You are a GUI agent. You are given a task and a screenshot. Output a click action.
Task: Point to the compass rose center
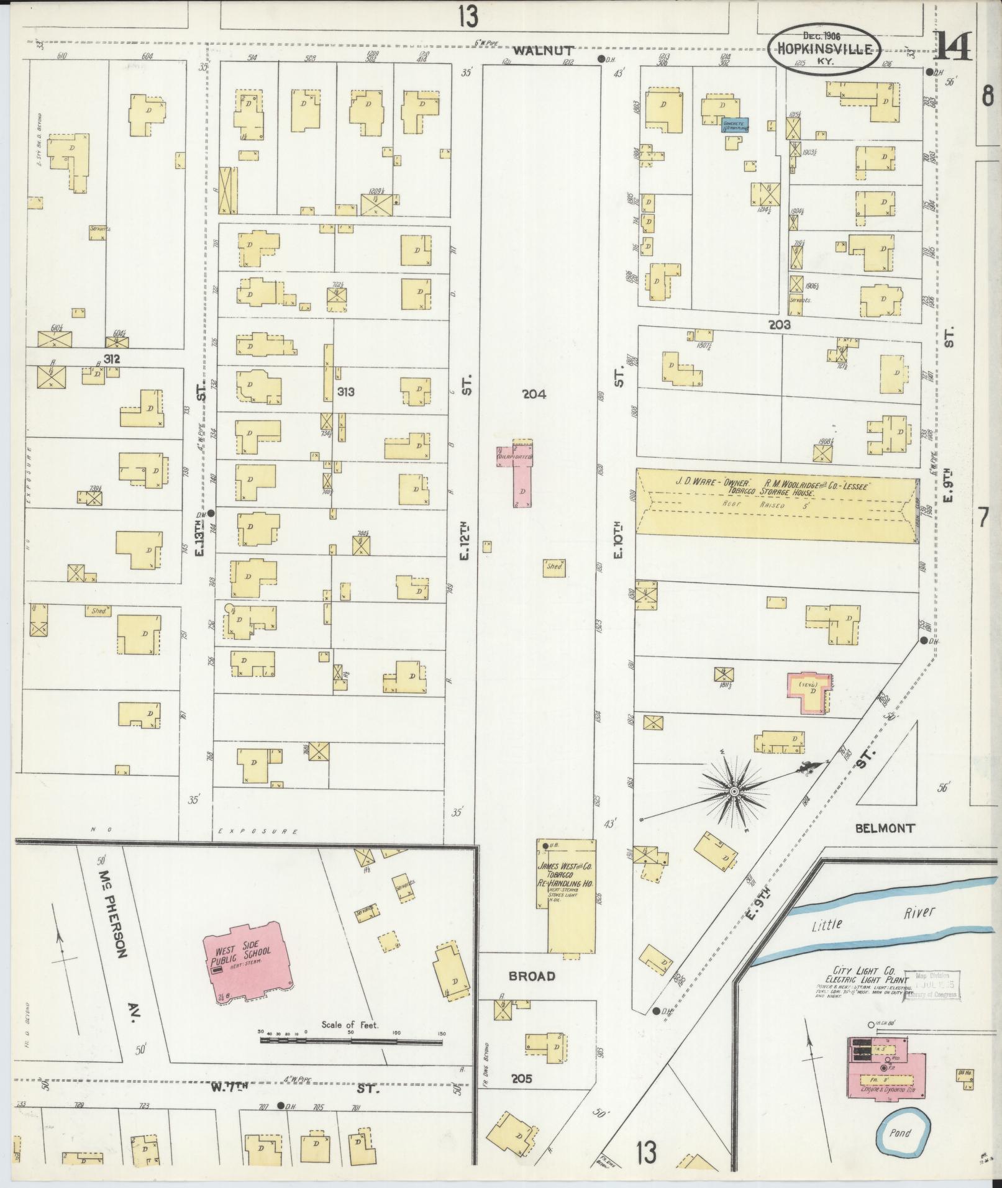tap(734, 791)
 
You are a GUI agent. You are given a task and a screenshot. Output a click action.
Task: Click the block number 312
tap(111, 359)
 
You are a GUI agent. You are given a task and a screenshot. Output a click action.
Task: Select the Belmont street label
tap(885, 828)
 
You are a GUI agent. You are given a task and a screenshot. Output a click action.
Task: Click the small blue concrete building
tap(734, 125)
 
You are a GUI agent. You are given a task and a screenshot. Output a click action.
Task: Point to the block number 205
tap(521, 1079)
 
